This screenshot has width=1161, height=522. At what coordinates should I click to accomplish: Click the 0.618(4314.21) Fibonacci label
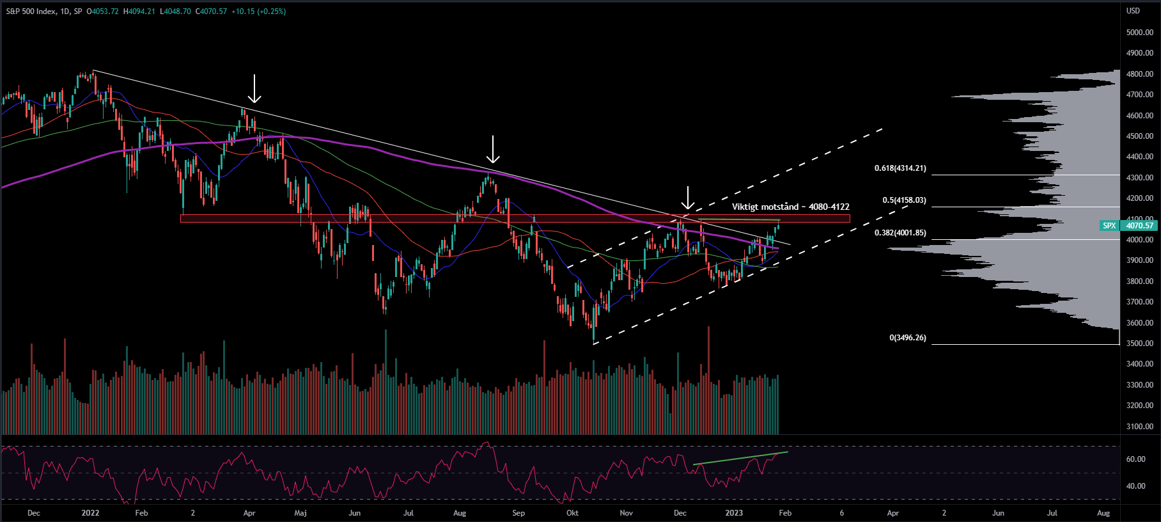click(900, 169)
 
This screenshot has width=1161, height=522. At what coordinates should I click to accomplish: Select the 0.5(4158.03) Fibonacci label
click(904, 200)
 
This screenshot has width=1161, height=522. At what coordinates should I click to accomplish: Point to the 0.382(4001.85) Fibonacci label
click(900, 233)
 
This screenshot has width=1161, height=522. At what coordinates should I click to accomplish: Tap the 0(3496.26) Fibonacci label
click(908, 338)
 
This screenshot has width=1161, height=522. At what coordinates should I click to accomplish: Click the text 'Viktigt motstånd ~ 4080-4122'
click(790, 207)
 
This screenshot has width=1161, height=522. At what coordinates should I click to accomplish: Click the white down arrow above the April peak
click(254, 88)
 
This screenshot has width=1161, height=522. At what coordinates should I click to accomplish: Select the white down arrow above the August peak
click(492, 149)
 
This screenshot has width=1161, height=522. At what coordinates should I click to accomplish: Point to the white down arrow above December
click(687, 198)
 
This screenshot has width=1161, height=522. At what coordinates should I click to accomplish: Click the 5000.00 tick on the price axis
click(1139, 32)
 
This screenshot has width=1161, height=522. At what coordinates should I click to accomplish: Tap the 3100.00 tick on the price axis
click(1139, 426)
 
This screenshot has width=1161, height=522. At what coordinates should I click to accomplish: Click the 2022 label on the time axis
click(90, 513)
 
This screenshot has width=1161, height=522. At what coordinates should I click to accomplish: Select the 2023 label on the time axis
click(734, 513)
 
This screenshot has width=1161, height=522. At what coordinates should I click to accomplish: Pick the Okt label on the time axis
click(572, 513)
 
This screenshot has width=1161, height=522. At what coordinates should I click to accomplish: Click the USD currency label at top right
click(1133, 11)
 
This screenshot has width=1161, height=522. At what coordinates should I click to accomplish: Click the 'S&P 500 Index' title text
click(29, 12)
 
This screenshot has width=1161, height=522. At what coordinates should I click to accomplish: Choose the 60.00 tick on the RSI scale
click(1135, 459)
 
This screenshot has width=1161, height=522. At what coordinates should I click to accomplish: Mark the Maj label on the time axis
click(300, 513)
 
